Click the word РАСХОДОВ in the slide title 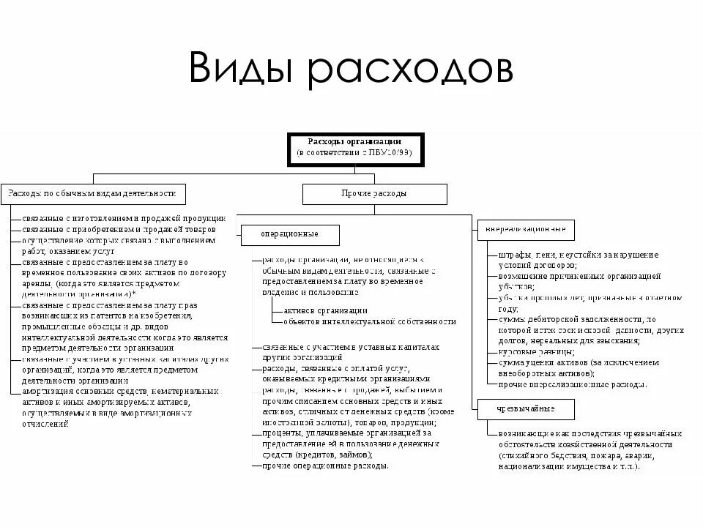[410, 69]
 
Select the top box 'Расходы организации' [354, 147]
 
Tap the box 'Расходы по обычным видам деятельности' [93, 194]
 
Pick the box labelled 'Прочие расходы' [374, 194]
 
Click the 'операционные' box [290, 235]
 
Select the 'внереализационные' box [526, 230]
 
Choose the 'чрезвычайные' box [526, 408]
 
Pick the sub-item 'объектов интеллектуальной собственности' [369, 321]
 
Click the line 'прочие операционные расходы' [325, 466]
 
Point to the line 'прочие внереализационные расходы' [572, 384]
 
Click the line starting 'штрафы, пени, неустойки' [578, 255]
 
